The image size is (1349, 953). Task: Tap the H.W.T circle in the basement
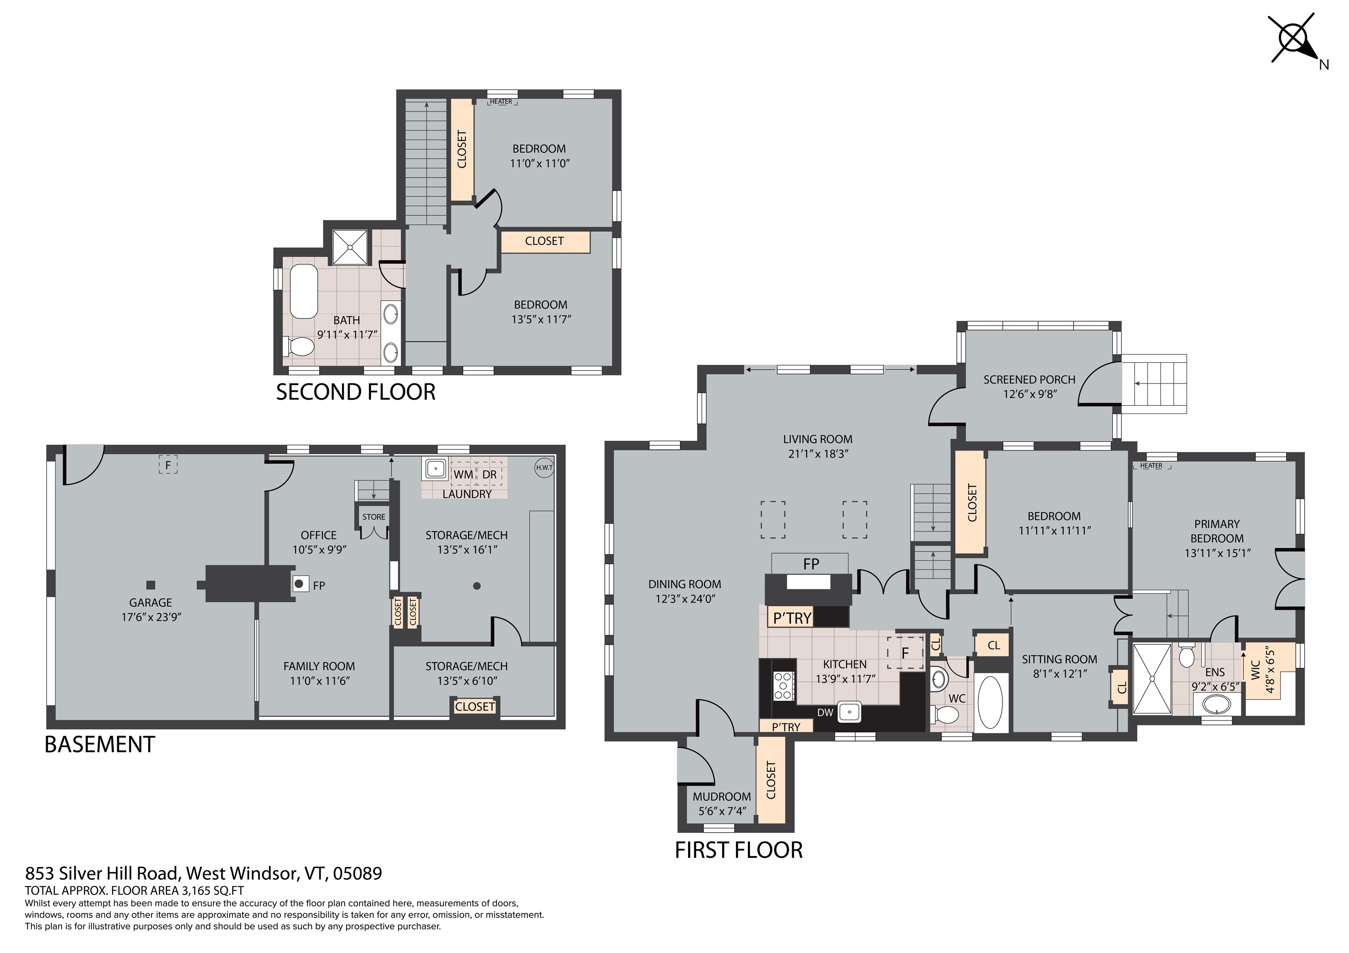[544, 468]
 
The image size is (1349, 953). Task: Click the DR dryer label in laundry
[490, 474]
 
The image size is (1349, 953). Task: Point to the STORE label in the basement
[374, 517]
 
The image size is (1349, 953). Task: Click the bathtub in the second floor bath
[304, 291]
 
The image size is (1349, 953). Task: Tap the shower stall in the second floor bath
[350, 247]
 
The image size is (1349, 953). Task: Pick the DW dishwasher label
[825, 712]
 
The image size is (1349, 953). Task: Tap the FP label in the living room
[811, 564]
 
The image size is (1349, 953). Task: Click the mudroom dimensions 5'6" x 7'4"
[722, 811]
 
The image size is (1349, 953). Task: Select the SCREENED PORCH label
[1029, 380]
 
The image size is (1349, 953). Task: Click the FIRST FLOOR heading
[739, 850]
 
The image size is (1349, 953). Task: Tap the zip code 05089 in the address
[357, 873]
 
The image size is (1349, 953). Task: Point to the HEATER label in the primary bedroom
[1151, 466]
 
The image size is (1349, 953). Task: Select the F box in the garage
[168, 466]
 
